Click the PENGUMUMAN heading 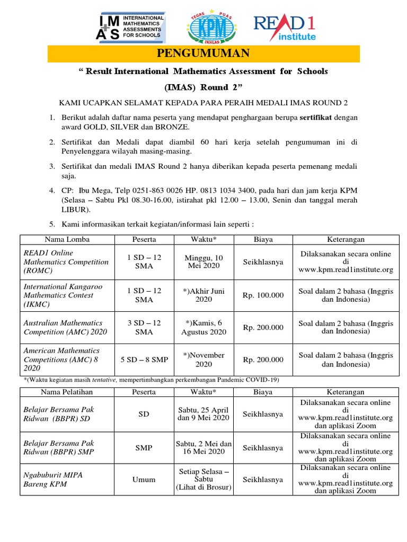coord(203,53)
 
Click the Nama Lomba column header coord(67,239)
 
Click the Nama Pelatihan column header coord(67,392)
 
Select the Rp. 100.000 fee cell coord(263,295)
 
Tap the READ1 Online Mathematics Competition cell coord(67,261)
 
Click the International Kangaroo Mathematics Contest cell coord(67,295)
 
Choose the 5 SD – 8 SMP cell coord(144,359)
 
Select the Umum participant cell coord(144,480)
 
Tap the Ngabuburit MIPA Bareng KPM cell coord(67,480)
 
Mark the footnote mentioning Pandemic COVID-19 coord(151,380)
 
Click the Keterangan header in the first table coord(346,239)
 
